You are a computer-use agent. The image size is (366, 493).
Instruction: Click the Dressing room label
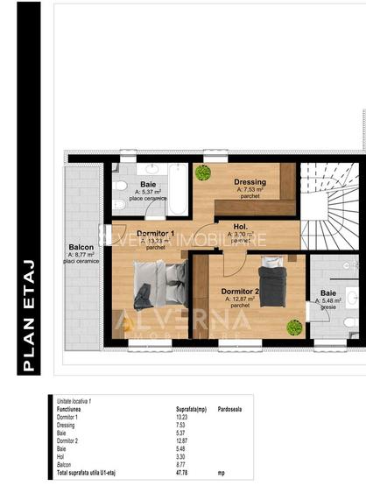[x=250, y=182]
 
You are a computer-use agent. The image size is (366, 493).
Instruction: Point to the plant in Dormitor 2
[x=294, y=327]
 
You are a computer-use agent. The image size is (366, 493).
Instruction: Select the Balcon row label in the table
[x=66, y=464]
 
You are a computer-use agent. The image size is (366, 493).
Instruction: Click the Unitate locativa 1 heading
[x=74, y=401]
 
